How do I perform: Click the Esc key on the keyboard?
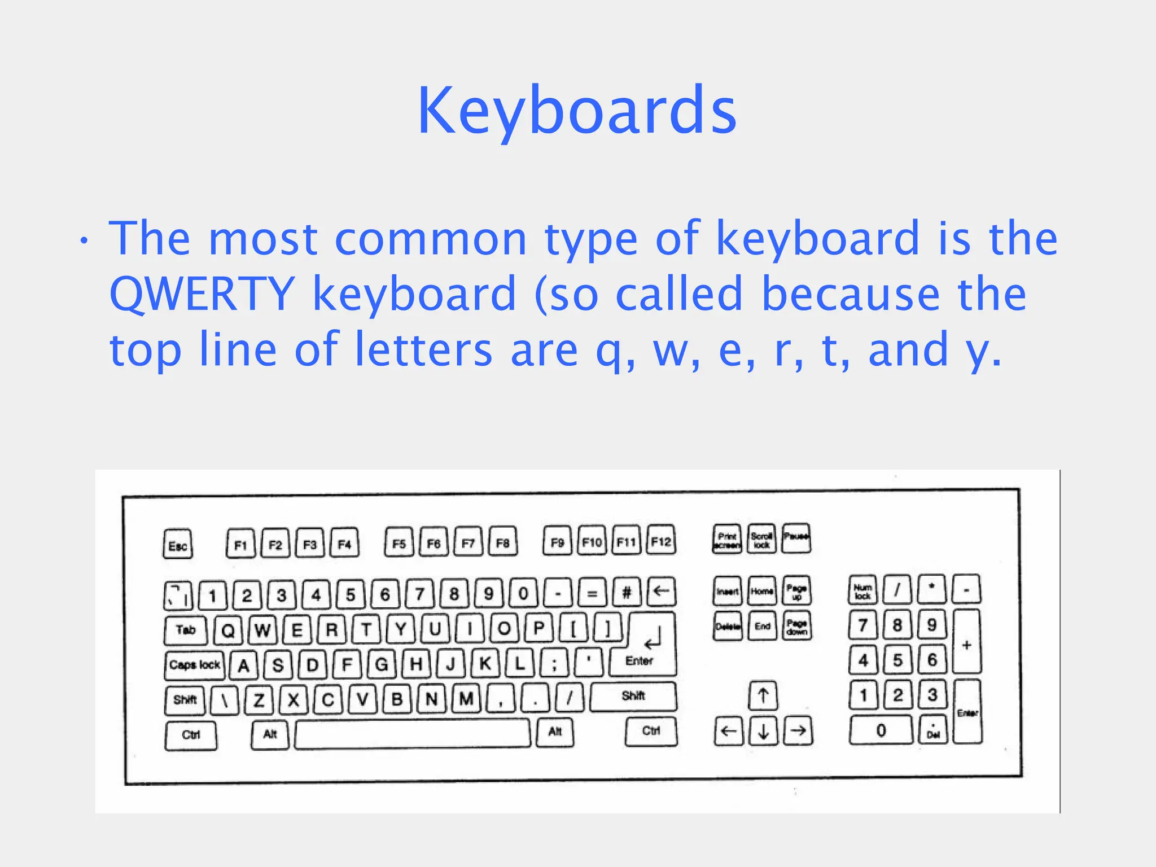click(x=177, y=544)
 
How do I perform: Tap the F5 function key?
click(x=399, y=543)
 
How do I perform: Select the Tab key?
click(x=186, y=630)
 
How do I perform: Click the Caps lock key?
click(x=195, y=665)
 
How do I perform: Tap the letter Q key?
click(x=228, y=630)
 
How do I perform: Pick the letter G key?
click(x=382, y=665)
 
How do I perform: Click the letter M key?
click(x=466, y=699)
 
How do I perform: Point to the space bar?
click(x=412, y=734)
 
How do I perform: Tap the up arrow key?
click(x=763, y=695)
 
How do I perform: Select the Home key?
click(x=762, y=591)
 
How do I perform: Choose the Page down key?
click(x=796, y=626)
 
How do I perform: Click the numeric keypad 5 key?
click(x=897, y=660)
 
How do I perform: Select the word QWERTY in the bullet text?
click(x=202, y=294)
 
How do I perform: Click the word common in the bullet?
click(x=431, y=238)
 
